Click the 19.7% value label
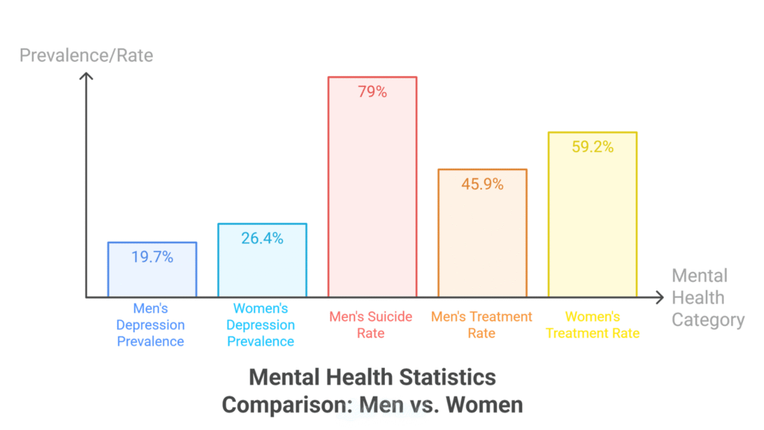152,257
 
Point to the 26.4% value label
262,238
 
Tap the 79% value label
372,92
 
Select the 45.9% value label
482,184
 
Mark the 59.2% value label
592,147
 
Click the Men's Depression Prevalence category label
151,325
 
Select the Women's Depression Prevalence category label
261,325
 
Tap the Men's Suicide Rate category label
371,325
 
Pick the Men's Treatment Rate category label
481,325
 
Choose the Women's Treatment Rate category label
592,325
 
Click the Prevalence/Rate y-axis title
86,55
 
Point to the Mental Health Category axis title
707,298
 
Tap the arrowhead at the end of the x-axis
660,298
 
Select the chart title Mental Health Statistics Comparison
372,390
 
